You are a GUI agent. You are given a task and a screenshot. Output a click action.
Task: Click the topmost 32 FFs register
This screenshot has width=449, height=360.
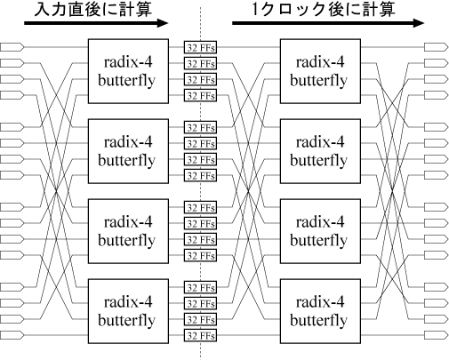point(200,47)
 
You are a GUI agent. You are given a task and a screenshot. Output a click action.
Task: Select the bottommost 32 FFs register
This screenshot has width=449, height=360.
point(200,335)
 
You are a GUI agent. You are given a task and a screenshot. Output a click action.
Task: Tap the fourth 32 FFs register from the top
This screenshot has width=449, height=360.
point(200,95)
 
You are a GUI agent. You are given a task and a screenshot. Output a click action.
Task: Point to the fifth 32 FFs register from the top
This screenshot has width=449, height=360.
point(200,127)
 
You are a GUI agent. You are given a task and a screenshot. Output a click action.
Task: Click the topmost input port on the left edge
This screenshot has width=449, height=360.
point(12,47)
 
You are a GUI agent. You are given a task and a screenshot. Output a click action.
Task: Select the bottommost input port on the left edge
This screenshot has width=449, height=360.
point(12,335)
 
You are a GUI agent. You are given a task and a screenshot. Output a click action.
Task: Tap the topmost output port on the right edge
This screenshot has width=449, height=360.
point(436,47)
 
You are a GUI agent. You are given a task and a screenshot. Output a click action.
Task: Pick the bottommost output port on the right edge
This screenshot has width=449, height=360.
point(436,335)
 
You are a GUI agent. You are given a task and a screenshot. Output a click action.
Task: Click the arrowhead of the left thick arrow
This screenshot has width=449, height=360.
point(163,23)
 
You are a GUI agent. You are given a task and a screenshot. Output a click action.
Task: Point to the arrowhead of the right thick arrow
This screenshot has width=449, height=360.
point(418,23)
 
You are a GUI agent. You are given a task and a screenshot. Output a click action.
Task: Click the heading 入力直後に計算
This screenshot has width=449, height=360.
point(93,9)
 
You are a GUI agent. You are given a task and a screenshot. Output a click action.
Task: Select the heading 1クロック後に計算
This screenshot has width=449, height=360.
point(324,9)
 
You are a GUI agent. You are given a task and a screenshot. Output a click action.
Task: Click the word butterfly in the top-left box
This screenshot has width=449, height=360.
point(126,81)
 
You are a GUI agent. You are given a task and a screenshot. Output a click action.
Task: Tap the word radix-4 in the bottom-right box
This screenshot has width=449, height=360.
point(320,302)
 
